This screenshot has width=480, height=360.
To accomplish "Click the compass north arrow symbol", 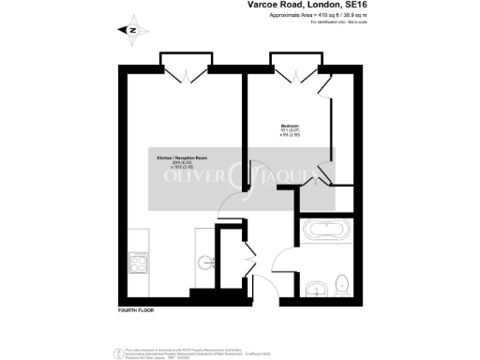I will [x=132, y=30].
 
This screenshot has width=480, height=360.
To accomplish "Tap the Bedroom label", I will [x=291, y=125].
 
